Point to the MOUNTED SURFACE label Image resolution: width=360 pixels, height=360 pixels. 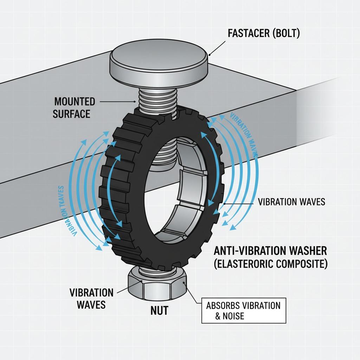point(75,108)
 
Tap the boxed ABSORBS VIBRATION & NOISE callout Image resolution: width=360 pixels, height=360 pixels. point(244,310)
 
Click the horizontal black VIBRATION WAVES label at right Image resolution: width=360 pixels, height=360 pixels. point(291,202)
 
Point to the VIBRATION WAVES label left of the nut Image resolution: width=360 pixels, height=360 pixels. point(92,298)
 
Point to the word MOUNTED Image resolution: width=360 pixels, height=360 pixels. point(75,102)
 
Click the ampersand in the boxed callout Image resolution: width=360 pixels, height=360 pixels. point(218,316)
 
